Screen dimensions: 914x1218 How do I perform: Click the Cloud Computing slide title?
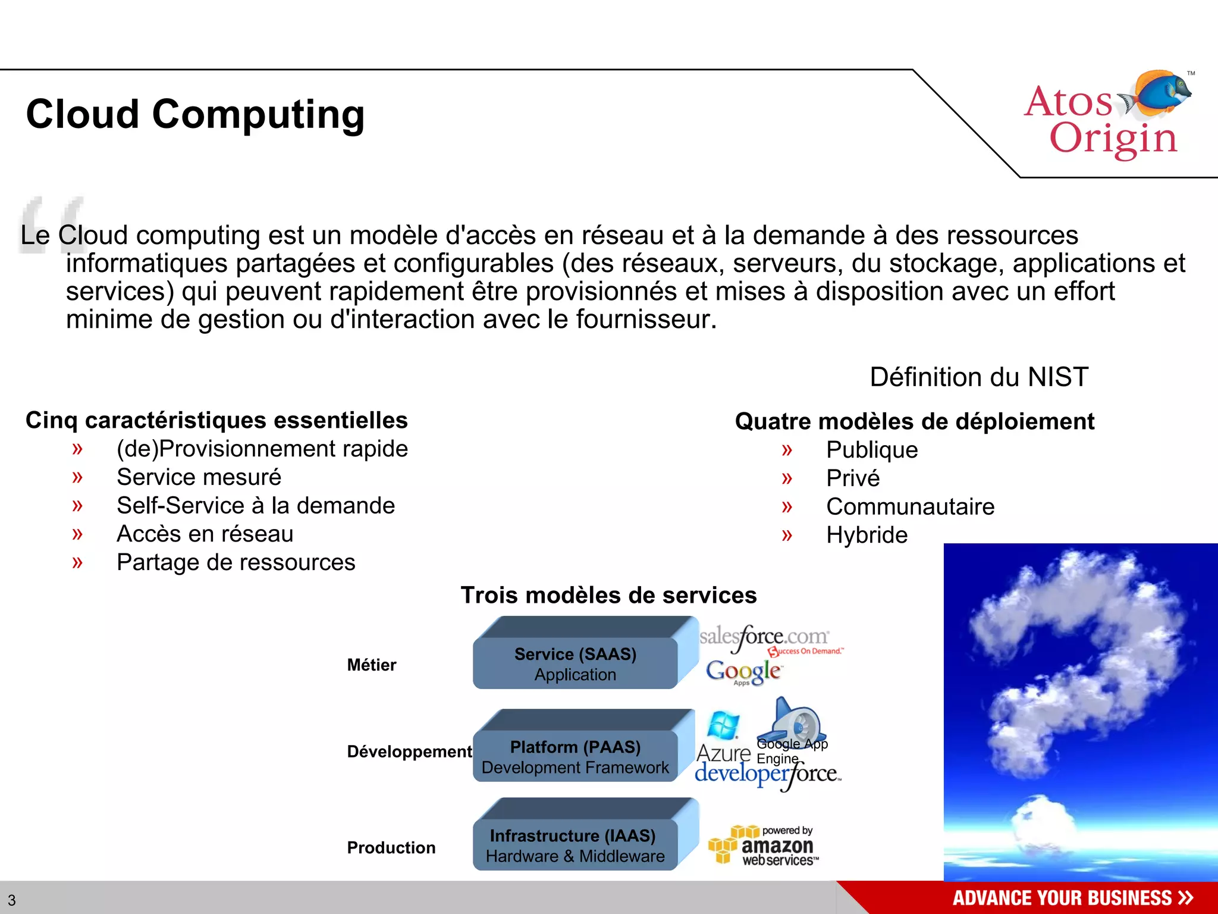coord(195,114)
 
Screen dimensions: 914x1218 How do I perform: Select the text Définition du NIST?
coord(979,377)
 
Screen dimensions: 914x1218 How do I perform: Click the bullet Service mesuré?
coord(199,477)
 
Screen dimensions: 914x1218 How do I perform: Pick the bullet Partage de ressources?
coord(236,562)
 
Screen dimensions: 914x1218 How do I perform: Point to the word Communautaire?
coord(910,507)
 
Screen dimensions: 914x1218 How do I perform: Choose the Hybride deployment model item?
coord(867,535)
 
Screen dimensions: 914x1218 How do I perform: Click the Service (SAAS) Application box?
coord(575,663)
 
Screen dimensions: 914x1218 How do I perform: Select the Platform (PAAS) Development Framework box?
coord(575,756)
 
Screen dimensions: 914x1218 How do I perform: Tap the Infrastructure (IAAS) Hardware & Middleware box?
coord(575,845)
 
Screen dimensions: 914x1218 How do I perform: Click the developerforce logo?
coord(767,774)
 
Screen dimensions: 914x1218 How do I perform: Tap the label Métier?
coord(372,665)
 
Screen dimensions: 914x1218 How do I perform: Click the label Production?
coord(391,848)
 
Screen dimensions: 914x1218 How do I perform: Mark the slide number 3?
coord(12,900)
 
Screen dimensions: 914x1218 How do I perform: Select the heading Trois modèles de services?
coord(608,596)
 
